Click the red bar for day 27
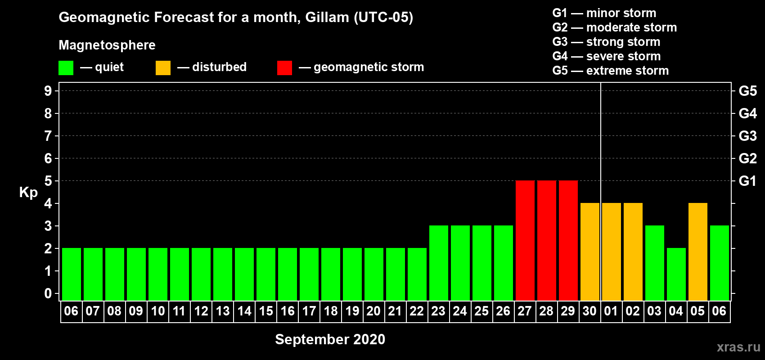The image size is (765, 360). point(525,240)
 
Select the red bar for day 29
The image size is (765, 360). point(568,240)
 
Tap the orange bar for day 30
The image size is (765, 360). point(590,252)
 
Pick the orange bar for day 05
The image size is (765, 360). point(697,252)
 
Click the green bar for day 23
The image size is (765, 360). point(438,263)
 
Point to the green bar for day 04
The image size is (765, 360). point(676,274)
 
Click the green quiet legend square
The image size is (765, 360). point(66,67)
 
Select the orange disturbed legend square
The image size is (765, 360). point(163,67)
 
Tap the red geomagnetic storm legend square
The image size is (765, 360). point(284,67)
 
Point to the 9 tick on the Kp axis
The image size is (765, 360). point(48,91)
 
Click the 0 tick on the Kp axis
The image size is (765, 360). point(48,293)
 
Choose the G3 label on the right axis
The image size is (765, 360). point(747,136)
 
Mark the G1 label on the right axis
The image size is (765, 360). point(747,181)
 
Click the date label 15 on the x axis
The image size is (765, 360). point(265,311)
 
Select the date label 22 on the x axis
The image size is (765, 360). point(417,311)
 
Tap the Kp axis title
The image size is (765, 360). point(28,193)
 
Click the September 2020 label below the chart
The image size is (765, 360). point(330,339)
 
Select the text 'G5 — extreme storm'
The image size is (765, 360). point(610,71)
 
